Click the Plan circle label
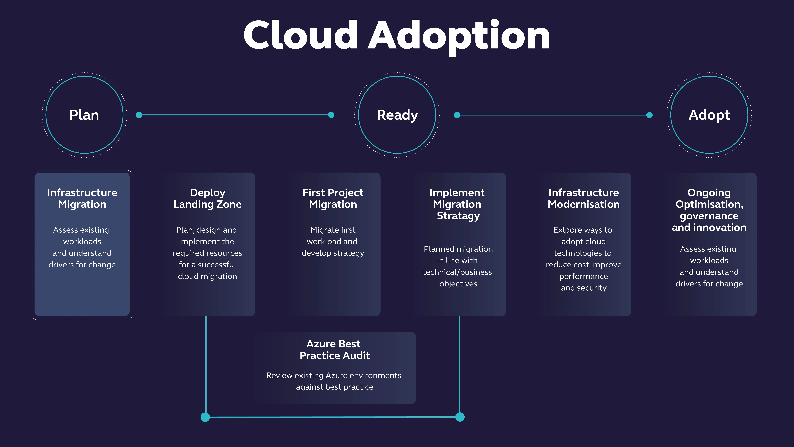(x=84, y=115)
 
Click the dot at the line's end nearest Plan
(x=139, y=115)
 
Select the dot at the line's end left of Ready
(x=331, y=115)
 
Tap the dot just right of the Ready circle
(x=457, y=115)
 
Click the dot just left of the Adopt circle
(x=649, y=115)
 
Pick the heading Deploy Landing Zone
(x=207, y=198)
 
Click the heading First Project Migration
(x=333, y=198)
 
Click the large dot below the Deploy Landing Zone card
(x=205, y=417)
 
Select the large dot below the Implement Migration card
(x=460, y=417)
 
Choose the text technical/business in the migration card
(x=457, y=272)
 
